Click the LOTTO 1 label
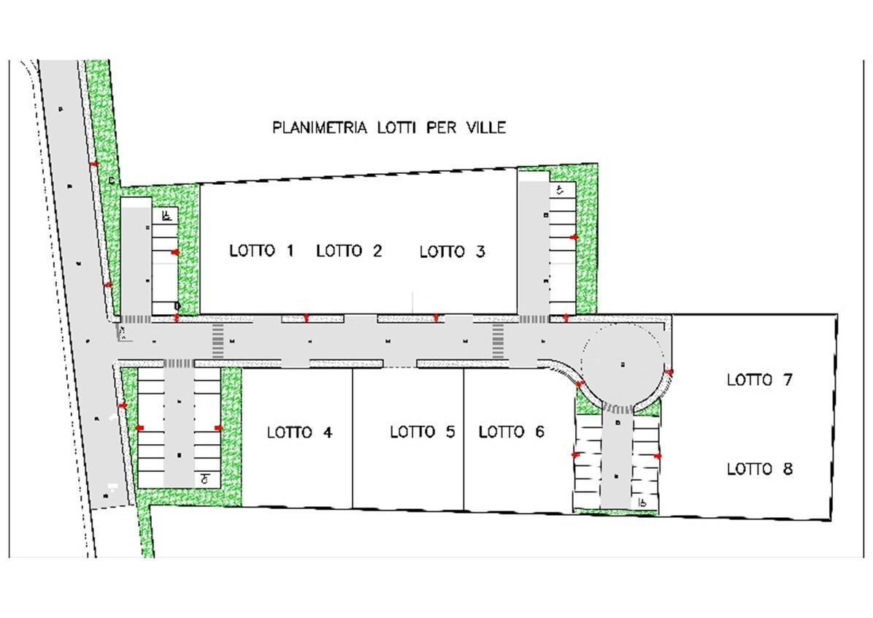pyautogui.click(x=261, y=251)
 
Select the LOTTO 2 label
pyautogui.click(x=349, y=251)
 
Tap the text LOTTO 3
pyautogui.click(x=452, y=252)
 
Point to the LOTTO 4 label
pyautogui.click(x=299, y=432)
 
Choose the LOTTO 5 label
pyautogui.click(x=422, y=432)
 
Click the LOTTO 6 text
pyautogui.click(x=511, y=432)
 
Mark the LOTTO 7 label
pyautogui.click(x=759, y=380)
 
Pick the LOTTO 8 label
pyautogui.click(x=759, y=469)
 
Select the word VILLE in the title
pyautogui.click(x=484, y=128)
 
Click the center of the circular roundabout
pyautogui.click(x=622, y=363)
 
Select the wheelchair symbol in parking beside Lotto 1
pyautogui.click(x=167, y=215)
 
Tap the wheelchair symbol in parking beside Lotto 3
pyautogui.click(x=559, y=191)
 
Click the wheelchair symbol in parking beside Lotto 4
pyautogui.click(x=207, y=479)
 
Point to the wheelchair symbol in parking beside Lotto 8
pyautogui.click(x=642, y=503)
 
